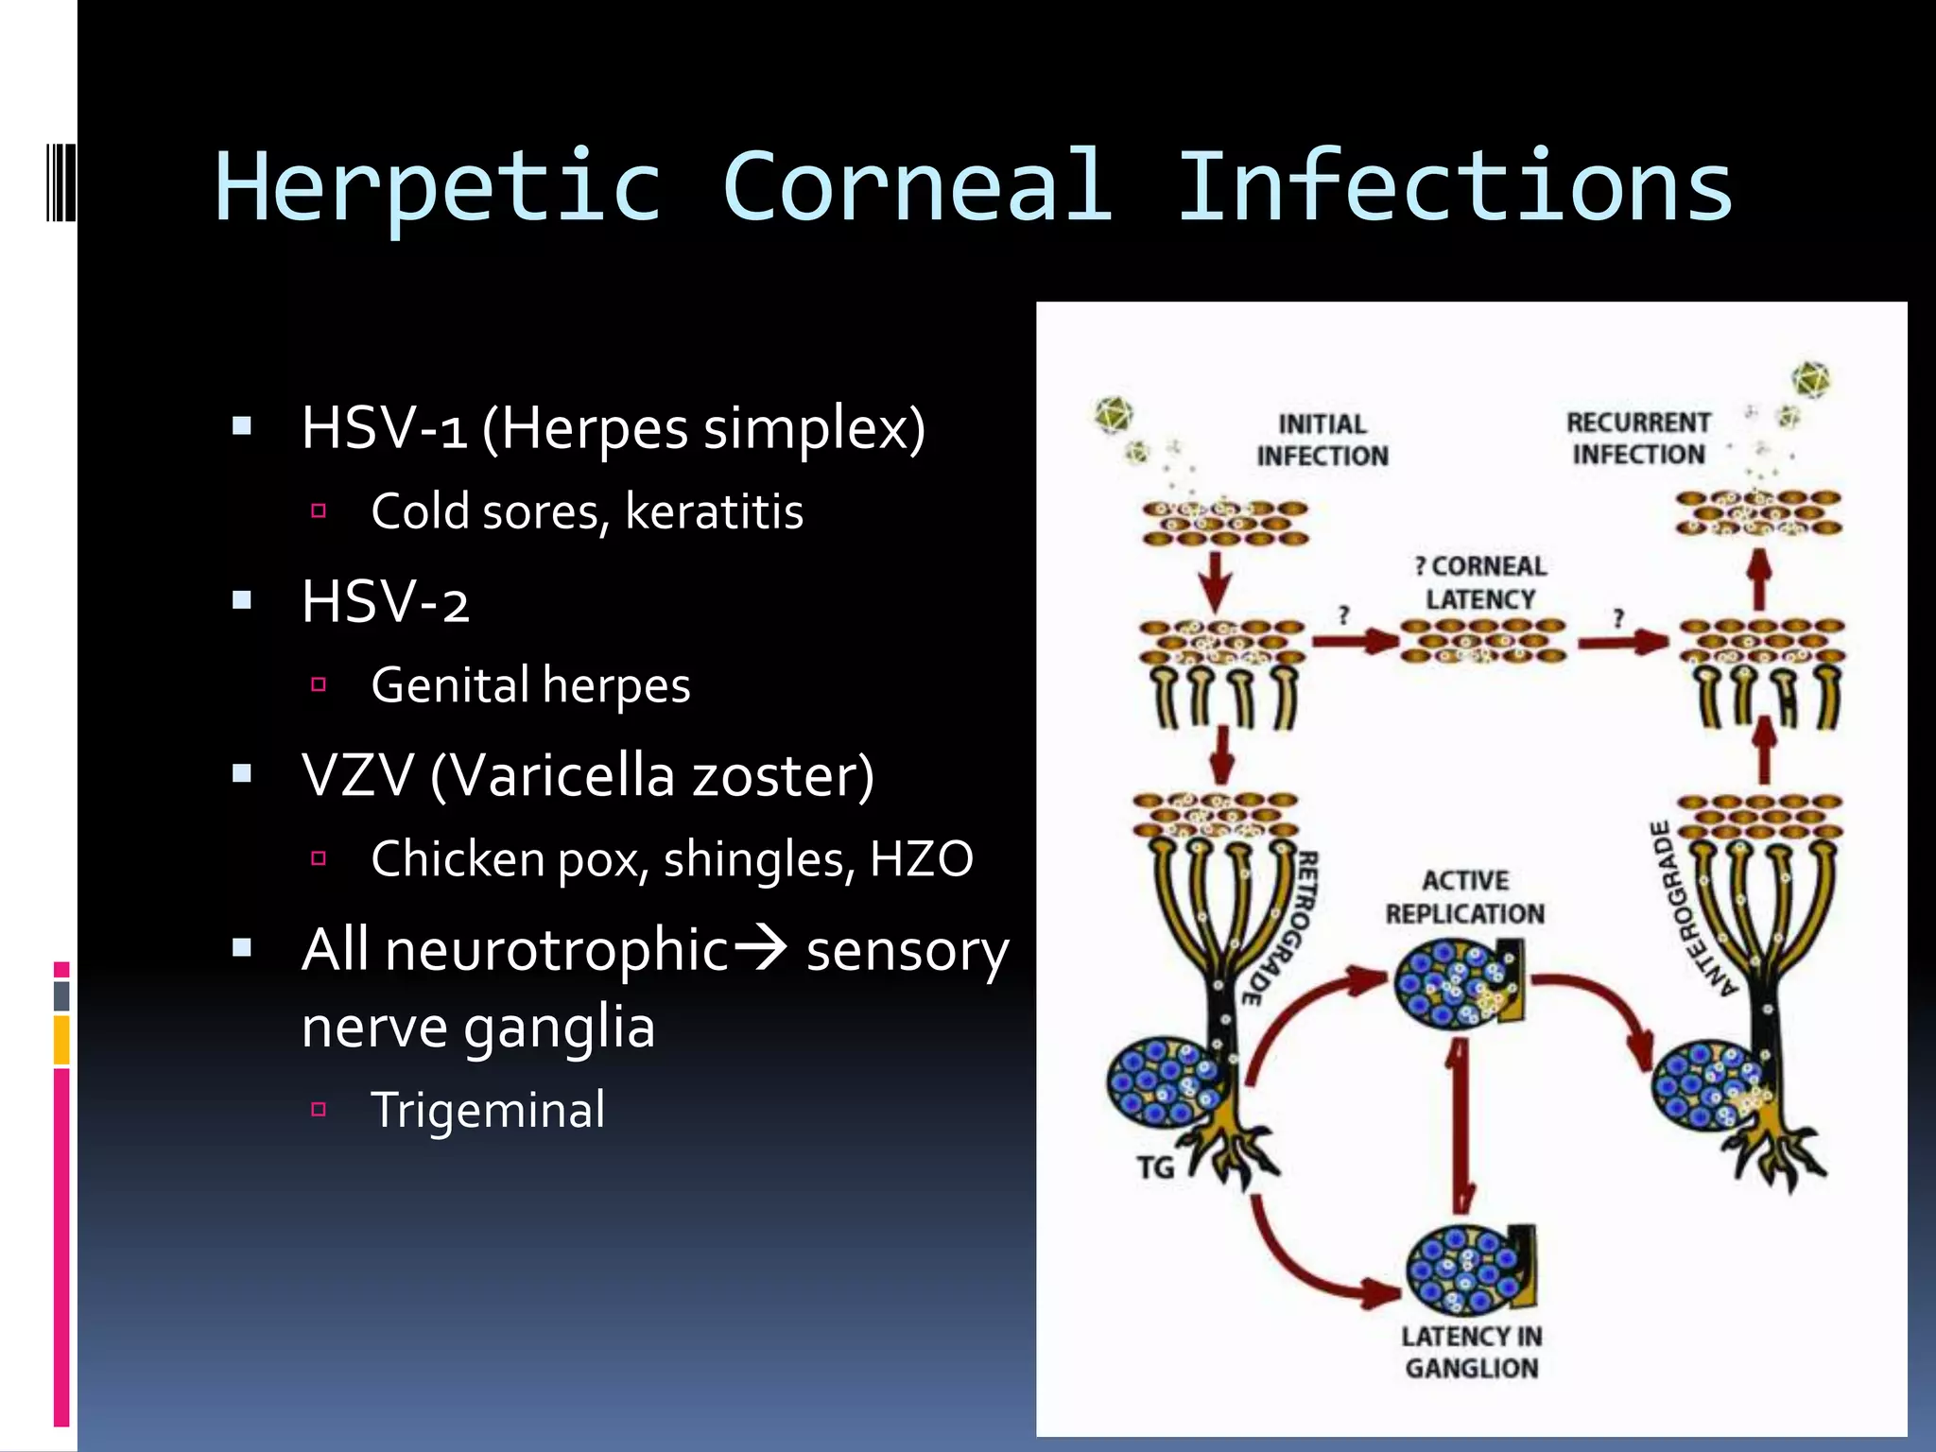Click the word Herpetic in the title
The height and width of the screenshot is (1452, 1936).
coord(439,187)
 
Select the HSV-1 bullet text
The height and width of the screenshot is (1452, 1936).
coord(613,428)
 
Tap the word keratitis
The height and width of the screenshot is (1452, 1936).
coord(714,512)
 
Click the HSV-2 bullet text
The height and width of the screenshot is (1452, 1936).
coord(385,602)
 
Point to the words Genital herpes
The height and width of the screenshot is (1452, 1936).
coord(530,685)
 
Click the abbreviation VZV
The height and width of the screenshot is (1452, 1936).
coord(357,776)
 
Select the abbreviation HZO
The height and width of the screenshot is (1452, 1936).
coord(920,859)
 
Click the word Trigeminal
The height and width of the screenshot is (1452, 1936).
coord(488,1110)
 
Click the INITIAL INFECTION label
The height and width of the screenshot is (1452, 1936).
coord(1322,441)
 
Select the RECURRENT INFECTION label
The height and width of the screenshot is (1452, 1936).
coord(1638,439)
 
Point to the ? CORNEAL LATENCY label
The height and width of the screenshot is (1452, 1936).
coord(1479,582)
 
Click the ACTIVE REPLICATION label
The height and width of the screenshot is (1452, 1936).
coord(1465,897)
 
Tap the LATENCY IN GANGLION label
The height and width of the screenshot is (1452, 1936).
coord(1471,1352)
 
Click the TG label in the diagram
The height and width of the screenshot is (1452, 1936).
coord(1155,1168)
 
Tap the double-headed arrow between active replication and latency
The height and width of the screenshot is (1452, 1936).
coord(1461,1125)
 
